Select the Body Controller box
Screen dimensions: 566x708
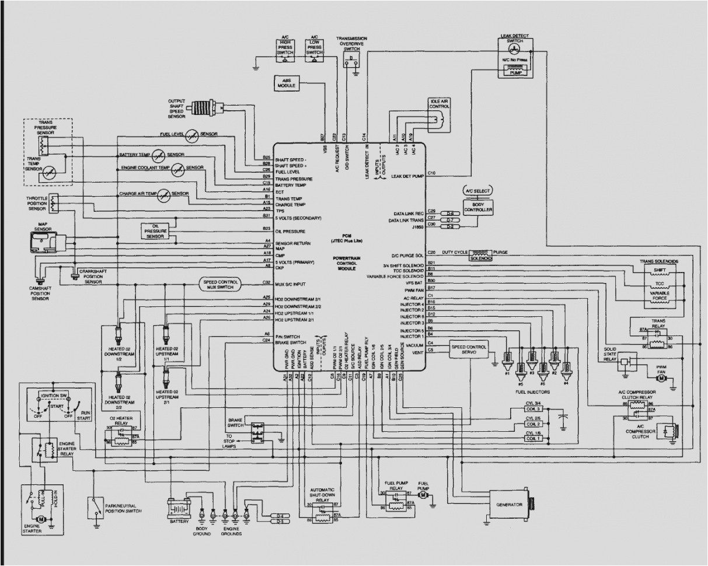[478, 206]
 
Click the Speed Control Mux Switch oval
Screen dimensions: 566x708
[221, 284]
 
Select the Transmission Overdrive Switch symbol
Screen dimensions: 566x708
[351, 60]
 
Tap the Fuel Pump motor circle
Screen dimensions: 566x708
[425, 495]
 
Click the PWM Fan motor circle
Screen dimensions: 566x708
[661, 378]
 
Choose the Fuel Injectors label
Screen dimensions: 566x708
[532, 392]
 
